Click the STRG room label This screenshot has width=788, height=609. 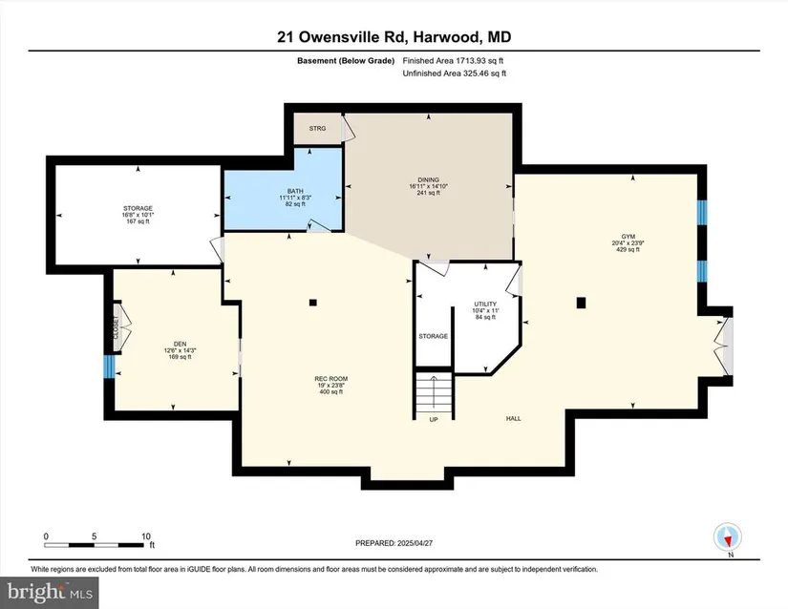pyautogui.click(x=317, y=129)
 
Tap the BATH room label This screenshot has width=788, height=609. pyautogui.click(x=295, y=191)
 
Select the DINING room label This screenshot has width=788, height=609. pyautogui.click(x=428, y=179)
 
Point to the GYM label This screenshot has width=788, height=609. pyautogui.click(x=628, y=237)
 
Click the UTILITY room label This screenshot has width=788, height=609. pyautogui.click(x=485, y=304)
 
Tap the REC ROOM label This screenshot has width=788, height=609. pyautogui.click(x=331, y=379)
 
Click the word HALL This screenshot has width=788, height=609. pyautogui.click(x=514, y=418)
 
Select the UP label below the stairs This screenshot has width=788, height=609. pyautogui.click(x=434, y=419)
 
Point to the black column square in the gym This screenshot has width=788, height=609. pyautogui.click(x=582, y=303)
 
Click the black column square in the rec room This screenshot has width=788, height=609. pyautogui.click(x=313, y=303)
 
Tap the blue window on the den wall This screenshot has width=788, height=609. pyautogui.click(x=109, y=366)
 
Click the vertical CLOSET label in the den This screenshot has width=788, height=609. pyautogui.click(x=117, y=327)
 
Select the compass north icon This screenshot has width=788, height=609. pyautogui.click(x=728, y=537)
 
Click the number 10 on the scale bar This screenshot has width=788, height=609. pyautogui.click(x=146, y=536)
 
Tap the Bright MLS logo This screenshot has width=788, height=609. pyautogui.click(x=50, y=593)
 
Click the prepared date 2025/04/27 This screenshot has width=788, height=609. pyautogui.click(x=415, y=543)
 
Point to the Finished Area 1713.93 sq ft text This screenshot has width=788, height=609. pyautogui.click(x=453, y=61)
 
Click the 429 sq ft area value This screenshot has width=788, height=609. pyautogui.click(x=628, y=249)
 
